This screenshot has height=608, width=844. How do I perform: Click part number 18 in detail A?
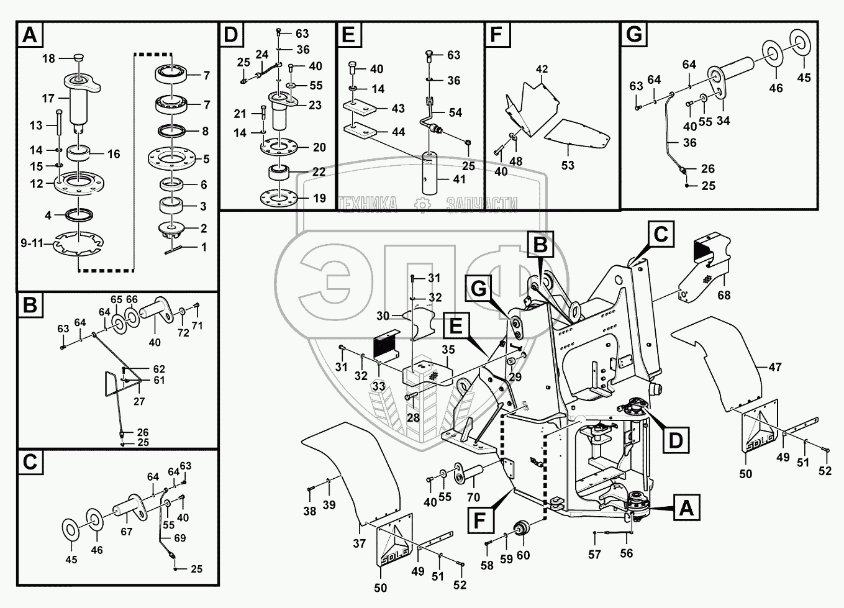(x=48, y=58)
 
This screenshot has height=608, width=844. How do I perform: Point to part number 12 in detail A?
(x=37, y=184)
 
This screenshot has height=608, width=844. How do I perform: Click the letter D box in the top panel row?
(x=231, y=35)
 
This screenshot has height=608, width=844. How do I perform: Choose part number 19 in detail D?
(x=319, y=199)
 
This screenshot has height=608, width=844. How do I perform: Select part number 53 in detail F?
(x=568, y=165)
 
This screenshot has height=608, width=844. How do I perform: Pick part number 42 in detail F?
(x=542, y=69)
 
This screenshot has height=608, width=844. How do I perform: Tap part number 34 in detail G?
(x=723, y=120)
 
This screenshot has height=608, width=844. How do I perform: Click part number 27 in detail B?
(x=139, y=401)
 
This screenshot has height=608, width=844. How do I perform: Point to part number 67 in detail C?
(x=127, y=532)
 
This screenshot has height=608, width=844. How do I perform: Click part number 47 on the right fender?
(x=774, y=367)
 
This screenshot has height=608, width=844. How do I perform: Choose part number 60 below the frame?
(x=523, y=555)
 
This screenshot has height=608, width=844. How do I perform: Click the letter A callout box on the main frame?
(x=686, y=509)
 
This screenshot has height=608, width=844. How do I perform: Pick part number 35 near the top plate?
(x=448, y=350)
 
